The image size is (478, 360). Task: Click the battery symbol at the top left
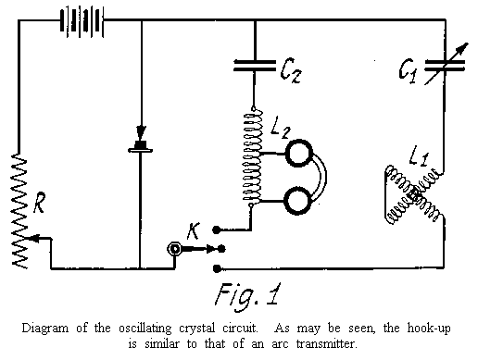tap(79, 20)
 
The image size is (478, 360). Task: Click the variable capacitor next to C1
tap(442, 64)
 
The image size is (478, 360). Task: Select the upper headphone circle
tap(299, 155)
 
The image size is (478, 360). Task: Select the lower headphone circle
tap(299, 199)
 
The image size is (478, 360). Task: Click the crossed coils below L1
tap(413, 197)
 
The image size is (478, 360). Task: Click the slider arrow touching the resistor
tap(30, 239)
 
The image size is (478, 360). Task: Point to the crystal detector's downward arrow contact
tap(141, 135)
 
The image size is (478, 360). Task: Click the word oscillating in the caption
tap(158, 329)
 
